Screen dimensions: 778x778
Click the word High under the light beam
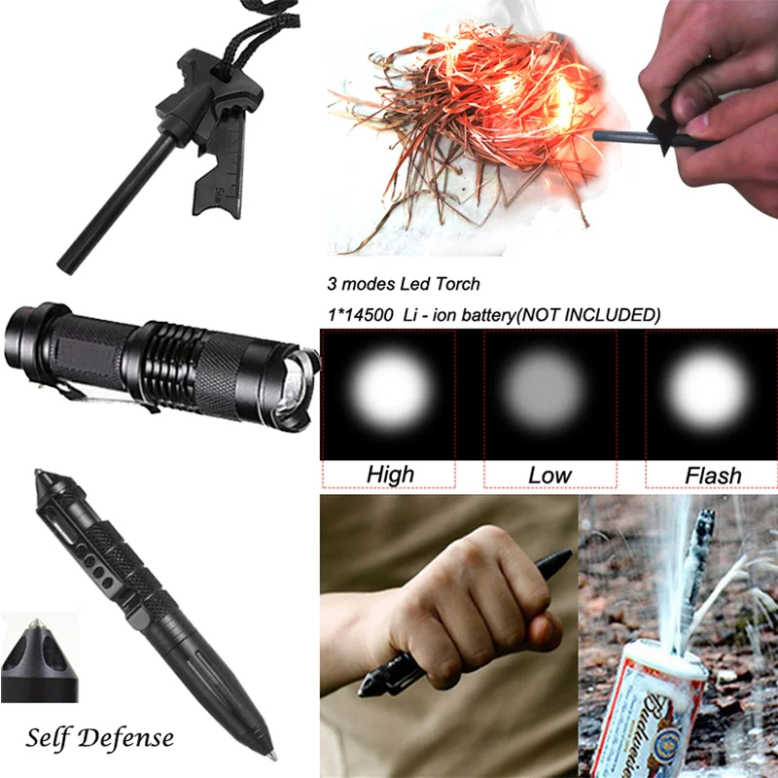(x=390, y=475)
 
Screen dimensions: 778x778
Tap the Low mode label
(x=550, y=475)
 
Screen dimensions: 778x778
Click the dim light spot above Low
(x=548, y=390)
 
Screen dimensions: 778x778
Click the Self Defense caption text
(x=100, y=736)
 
